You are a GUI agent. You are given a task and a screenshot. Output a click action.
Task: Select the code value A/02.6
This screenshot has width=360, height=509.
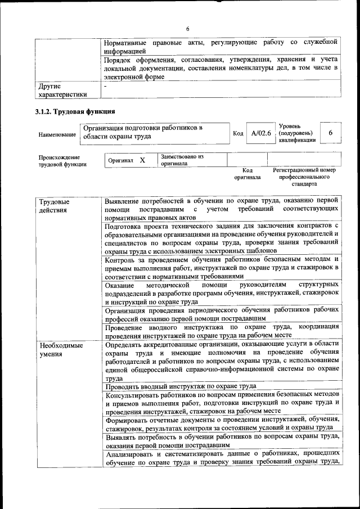(261, 133)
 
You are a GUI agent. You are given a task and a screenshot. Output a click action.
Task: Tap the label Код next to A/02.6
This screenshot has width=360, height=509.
(238, 133)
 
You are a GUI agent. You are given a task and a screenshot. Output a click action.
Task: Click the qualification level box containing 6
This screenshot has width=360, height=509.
(330, 132)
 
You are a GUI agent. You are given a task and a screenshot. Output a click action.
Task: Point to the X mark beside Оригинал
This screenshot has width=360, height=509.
(142, 160)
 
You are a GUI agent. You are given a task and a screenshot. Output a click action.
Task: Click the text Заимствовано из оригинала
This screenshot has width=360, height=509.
(182, 160)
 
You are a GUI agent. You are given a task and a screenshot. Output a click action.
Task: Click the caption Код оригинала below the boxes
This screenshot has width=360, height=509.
(247, 174)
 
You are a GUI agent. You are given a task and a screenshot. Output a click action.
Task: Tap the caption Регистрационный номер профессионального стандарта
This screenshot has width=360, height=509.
(304, 177)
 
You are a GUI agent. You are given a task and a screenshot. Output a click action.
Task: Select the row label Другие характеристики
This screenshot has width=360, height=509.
(62, 91)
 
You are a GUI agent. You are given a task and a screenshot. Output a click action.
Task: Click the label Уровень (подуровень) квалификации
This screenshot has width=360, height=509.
(297, 133)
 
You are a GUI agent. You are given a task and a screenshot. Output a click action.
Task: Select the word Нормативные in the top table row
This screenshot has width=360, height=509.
(127, 43)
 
